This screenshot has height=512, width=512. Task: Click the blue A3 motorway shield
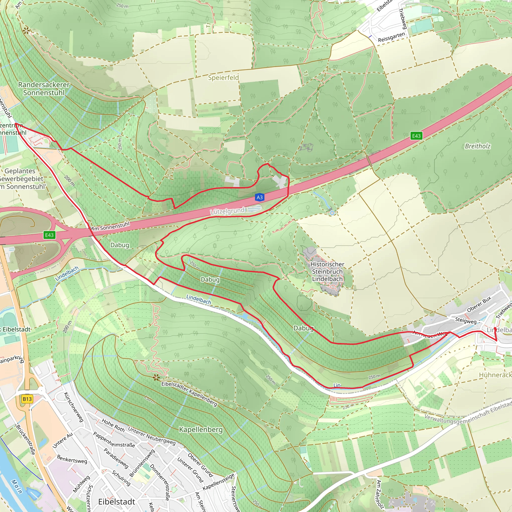(259, 197)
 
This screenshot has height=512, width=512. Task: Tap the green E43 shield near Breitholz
(416, 136)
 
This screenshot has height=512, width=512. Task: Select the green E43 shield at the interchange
(49, 235)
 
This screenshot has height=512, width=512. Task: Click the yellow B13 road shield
(27, 399)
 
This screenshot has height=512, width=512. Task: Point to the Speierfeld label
(223, 78)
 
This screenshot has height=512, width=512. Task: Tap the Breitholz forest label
(477, 146)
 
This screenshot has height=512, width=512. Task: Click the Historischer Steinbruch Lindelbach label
(327, 272)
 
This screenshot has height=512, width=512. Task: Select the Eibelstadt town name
(116, 502)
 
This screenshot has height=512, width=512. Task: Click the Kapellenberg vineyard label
(201, 429)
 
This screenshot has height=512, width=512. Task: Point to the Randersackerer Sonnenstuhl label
(44, 88)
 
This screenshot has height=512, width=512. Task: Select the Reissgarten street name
(391, 37)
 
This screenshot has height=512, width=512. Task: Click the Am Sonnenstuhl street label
(110, 226)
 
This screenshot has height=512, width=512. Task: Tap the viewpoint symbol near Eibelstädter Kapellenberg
(156, 377)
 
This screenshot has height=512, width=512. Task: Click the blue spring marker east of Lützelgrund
(332, 213)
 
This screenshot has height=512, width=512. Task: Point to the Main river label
(17, 486)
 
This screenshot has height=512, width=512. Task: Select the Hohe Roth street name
(113, 425)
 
